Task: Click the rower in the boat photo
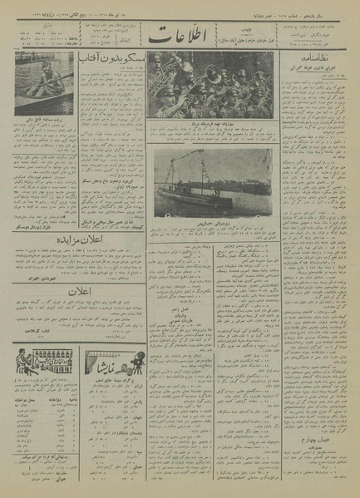[x=43, y=88]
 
